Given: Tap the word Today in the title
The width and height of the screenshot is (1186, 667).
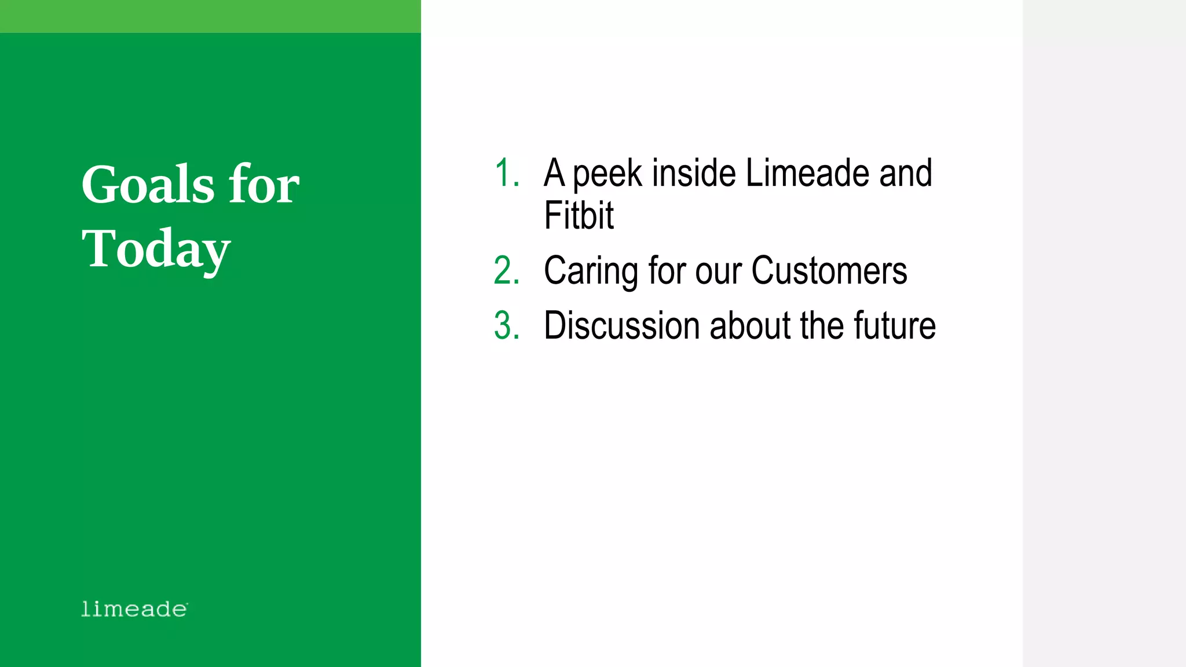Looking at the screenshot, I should [x=156, y=249].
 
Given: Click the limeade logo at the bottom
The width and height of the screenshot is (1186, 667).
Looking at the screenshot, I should [x=134, y=609].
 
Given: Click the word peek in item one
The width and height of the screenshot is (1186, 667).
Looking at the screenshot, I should [x=607, y=174].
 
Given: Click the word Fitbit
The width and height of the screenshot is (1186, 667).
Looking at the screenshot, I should [x=579, y=215].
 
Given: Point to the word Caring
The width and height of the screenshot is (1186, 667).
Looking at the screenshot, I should [x=591, y=271].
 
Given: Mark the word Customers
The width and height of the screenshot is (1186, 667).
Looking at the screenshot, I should [x=829, y=271].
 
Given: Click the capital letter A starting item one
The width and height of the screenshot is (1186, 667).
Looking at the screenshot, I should [x=554, y=173].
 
